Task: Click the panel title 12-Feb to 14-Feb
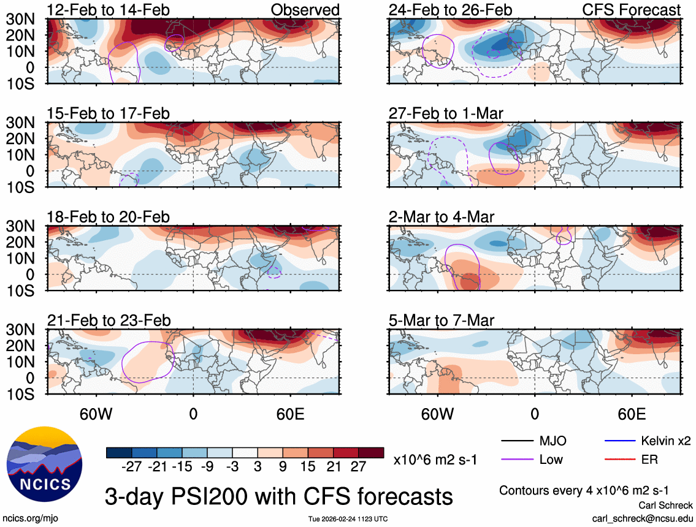pyautogui.click(x=109, y=10)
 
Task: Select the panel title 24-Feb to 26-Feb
pyautogui.click(x=450, y=10)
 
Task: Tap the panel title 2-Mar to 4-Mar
pyautogui.click(x=442, y=216)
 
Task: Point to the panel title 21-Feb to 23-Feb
pyautogui.click(x=109, y=320)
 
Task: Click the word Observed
pyautogui.click(x=305, y=10)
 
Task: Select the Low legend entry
pyautogui.click(x=551, y=459)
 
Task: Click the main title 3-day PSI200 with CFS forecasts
pyautogui.click(x=279, y=495)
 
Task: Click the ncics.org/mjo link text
pyautogui.click(x=29, y=518)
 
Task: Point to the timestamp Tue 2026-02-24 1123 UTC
pyautogui.click(x=348, y=519)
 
